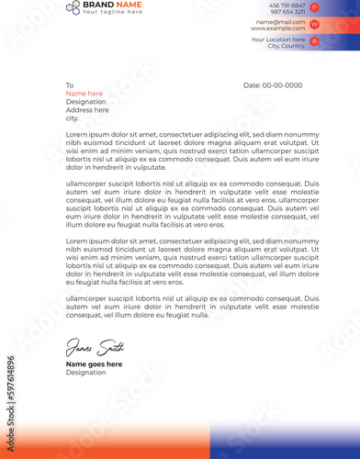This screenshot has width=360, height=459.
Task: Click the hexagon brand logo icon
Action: [x=73, y=7]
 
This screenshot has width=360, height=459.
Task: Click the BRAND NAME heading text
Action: [x=112, y=5]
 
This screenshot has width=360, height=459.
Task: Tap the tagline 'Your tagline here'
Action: [x=112, y=12]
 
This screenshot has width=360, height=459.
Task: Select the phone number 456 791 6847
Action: [x=287, y=6]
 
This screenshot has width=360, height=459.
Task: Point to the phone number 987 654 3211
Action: [x=287, y=12]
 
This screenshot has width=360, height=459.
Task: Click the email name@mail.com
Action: [x=281, y=21]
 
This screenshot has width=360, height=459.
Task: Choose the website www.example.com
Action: [x=278, y=28]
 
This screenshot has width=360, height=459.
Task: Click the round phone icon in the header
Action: [x=315, y=7]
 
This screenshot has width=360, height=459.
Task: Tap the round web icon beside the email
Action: [x=315, y=25]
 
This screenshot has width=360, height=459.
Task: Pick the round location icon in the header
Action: [x=315, y=41]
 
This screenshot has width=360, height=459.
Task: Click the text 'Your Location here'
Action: [x=278, y=39]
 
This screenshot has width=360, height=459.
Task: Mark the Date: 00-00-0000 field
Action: [x=273, y=85]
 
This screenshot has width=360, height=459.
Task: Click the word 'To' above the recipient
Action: [x=69, y=85]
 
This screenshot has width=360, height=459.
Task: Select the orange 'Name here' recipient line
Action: [x=84, y=94]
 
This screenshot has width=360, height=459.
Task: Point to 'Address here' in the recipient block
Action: [x=87, y=110]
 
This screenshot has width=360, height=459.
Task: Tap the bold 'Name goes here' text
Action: [x=94, y=364]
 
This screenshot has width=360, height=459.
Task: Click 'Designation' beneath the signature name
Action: [x=86, y=373]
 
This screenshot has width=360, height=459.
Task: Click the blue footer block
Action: [x=284, y=442]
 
